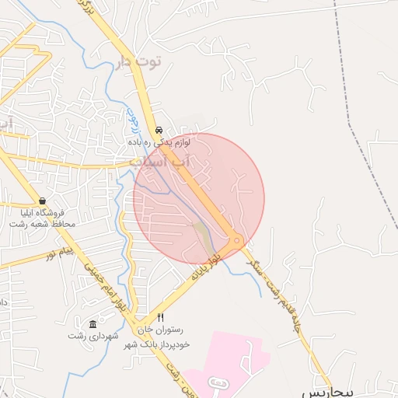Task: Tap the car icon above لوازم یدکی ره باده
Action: pos(159,131)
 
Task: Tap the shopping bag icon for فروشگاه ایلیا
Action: pos(41,201)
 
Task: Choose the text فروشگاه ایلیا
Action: pos(42,212)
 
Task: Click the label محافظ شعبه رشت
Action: pos(42,224)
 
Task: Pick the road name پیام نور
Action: pos(58,253)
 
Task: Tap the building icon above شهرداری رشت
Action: pos(93,324)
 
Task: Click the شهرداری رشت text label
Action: pos(92,336)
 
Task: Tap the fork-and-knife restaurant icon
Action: pos(160,317)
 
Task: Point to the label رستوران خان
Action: pos(160,330)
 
